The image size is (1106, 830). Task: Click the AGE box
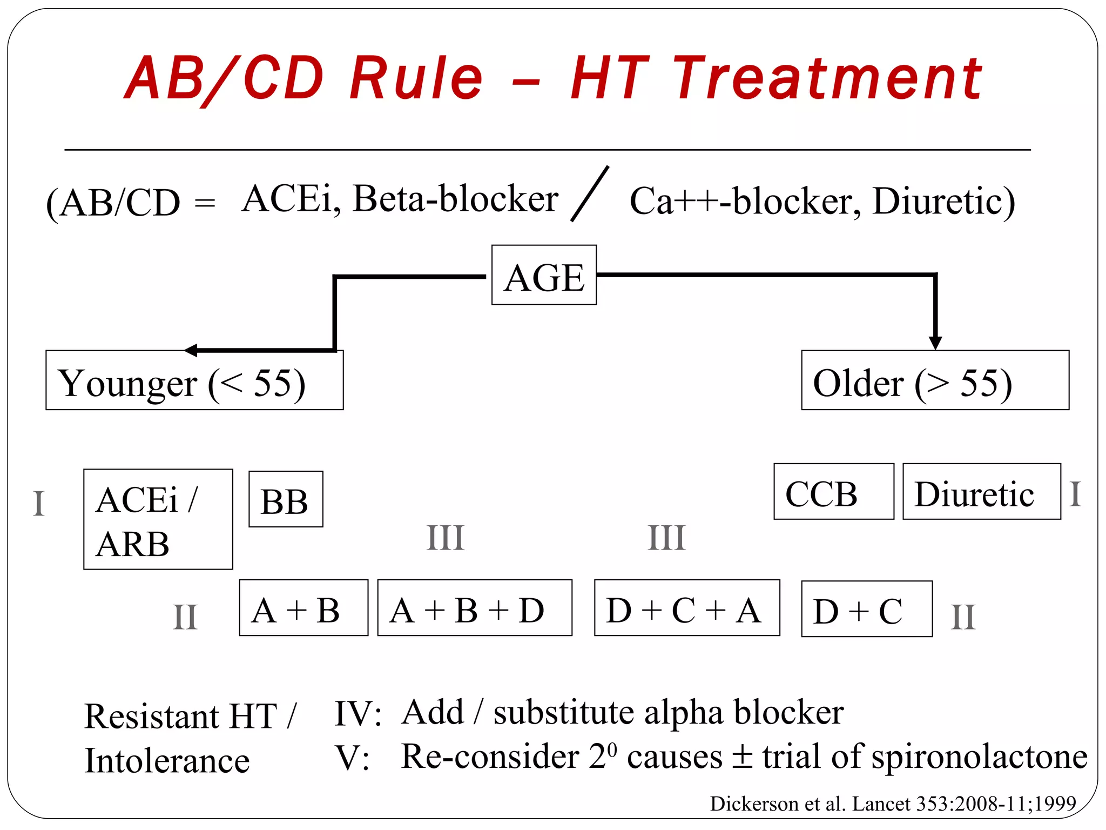544,275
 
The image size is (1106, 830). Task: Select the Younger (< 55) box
194,380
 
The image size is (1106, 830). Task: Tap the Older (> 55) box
935,380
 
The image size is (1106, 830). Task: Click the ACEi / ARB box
158,519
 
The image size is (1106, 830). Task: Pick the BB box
286,499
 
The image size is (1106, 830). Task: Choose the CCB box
833,492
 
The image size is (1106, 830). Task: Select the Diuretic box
981,492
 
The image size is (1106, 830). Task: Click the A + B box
304,608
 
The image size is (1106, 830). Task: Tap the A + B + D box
474,608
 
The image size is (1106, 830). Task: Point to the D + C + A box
687,608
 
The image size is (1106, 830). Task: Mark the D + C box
866,609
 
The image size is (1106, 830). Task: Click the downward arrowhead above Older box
935,343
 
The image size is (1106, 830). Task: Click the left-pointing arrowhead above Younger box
191,351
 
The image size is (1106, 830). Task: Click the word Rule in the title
416,79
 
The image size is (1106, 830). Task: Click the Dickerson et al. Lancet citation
893,804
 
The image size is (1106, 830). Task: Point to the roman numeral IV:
358,713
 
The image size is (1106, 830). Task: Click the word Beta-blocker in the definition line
455,199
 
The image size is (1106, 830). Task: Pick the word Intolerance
167,761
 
